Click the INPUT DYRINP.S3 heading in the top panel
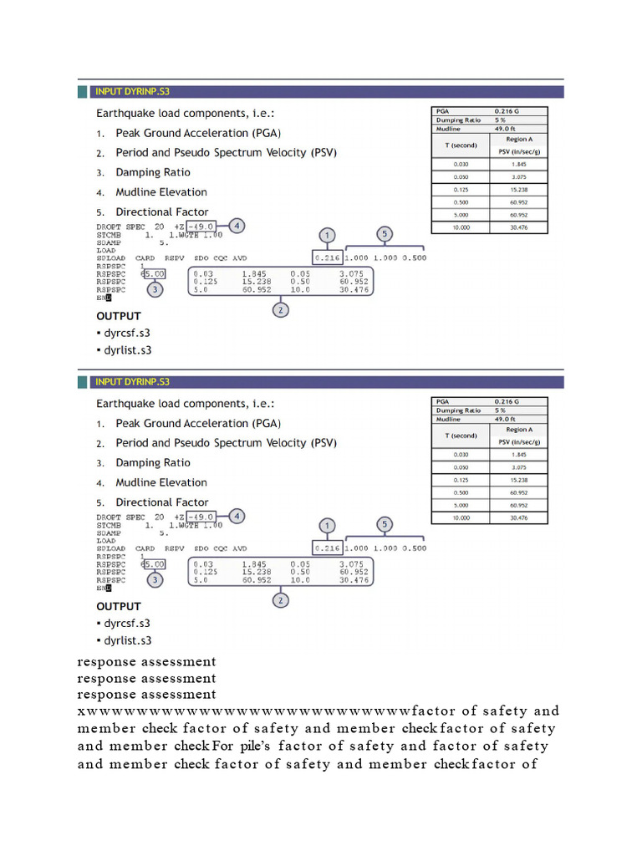[132, 91]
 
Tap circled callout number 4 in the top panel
[237, 226]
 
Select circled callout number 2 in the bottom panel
[281, 600]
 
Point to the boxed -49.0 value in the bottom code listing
[200, 517]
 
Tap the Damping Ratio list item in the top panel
[152, 172]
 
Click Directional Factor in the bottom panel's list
[161, 502]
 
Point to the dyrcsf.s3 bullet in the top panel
[127, 334]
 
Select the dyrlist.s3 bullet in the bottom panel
[127, 640]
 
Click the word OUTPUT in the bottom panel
[119, 606]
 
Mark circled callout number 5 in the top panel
[384, 234]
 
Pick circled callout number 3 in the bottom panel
[155, 579]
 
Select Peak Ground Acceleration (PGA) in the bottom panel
[197, 424]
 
